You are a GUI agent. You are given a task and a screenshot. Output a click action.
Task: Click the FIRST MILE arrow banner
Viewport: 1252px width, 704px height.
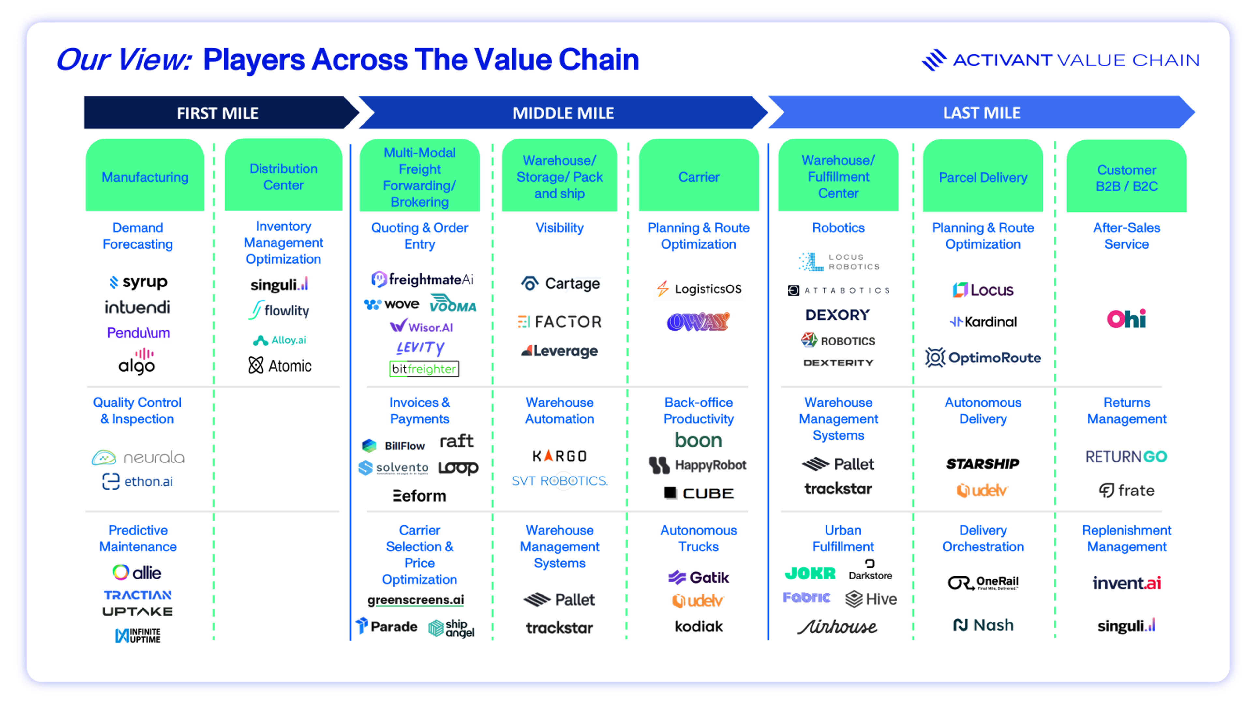click(x=217, y=113)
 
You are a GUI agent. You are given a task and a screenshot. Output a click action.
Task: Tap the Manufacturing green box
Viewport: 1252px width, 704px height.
click(x=145, y=176)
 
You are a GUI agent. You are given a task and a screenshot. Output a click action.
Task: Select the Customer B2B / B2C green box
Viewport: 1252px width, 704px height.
click(x=1126, y=177)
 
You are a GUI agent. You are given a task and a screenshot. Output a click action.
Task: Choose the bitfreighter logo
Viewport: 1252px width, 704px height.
click(x=424, y=369)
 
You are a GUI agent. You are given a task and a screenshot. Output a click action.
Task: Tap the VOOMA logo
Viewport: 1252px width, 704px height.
click(x=453, y=304)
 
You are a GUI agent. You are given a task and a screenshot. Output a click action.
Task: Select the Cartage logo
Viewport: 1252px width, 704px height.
click(x=560, y=283)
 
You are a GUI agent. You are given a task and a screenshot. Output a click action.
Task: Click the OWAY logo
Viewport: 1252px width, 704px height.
click(x=698, y=321)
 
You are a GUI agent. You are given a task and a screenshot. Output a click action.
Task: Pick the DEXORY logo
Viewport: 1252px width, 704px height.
click(x=837, y=315)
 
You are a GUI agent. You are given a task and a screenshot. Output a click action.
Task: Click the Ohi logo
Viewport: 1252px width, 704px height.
click(x=1126, y=319)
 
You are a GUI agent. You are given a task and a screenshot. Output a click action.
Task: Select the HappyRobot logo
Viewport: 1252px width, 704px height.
click(x=698, y=465)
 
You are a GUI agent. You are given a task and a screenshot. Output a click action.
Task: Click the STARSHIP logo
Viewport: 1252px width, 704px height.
click(x=982, y=463)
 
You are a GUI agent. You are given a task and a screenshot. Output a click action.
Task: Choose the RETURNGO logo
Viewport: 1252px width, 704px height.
click(x=1126, y=456)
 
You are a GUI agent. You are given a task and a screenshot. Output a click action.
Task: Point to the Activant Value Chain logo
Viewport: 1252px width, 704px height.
click(x=1061, y=60)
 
